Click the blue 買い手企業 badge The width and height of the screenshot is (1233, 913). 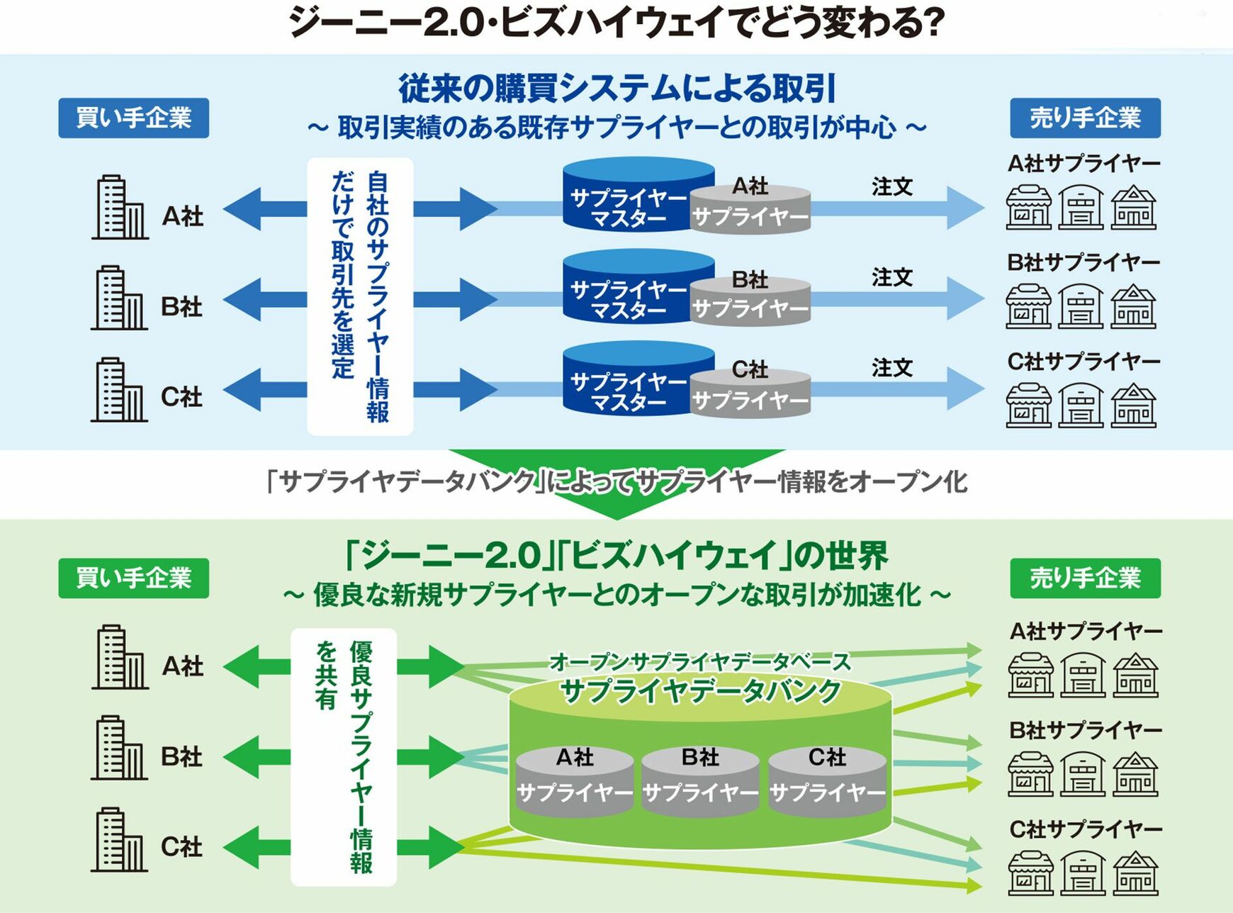pyautogui.click(x=133, y=118)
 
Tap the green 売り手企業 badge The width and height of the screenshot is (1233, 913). pyautogui.click(x=1085, y=578)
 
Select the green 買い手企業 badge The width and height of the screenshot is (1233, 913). pyautogui.click(x=133, y=578)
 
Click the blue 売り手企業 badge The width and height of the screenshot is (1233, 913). pyautogui.click(x=1085, y=118)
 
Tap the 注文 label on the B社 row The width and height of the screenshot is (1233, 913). pyautogui.click(x=891, y=277)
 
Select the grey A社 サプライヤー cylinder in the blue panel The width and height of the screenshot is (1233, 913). pyautogui.click(x=750, y=208)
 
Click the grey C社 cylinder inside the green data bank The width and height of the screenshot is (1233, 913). pyautogui.click(x=827, y=780)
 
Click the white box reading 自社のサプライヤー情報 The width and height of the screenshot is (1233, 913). pyautogui.click(x=360, y=296)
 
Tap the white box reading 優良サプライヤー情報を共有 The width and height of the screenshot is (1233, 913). pyautogui.click(x=344, y=756)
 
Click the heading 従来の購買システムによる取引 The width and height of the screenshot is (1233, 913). pyautogui.click(x=616, y=88)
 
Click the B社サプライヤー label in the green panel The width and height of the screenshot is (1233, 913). pyautogui.click(x=1085, y=729)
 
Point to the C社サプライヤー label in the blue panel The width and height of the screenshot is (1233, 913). pyautogui.click(x=1083, y=362)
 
